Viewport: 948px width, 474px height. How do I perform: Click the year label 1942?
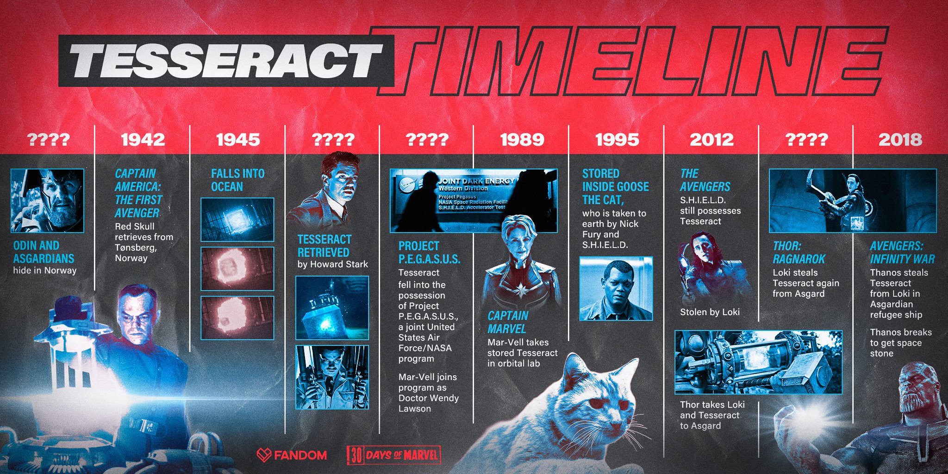[x=143, y=140]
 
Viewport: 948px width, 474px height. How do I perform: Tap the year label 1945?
[x=238, y=140]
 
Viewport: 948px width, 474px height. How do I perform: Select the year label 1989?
[x=522, y=140]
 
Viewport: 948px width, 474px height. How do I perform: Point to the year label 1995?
[x=617, y=140]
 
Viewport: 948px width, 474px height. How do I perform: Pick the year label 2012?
[x=712, y=140]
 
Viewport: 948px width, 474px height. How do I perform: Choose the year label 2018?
[x=900, y=140]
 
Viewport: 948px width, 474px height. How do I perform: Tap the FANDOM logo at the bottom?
[x=292, y=455]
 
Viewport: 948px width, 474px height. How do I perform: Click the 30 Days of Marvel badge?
[x=393, y=455]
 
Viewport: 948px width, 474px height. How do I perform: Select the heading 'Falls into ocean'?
[x=237, y=180]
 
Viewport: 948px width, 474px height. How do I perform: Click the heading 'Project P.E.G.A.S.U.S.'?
[x=430, y=252]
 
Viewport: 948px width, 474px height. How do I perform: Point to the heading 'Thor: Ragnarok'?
[x=799, y=252]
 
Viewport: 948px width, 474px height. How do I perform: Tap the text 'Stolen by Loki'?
[x=710, y=312]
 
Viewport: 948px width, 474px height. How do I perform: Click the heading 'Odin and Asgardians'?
[x=44, y=252]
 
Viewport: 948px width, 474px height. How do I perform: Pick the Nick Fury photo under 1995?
[x=616, y=288]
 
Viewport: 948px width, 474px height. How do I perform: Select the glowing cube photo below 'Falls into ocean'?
[x=237, y=219]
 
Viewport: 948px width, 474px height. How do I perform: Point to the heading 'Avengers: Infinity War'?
[x=902, y=252]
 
